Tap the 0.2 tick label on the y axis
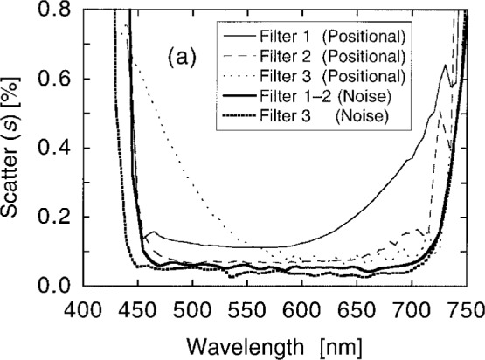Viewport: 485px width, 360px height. [60, 218]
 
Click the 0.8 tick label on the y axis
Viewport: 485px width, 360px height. [60, 11]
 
